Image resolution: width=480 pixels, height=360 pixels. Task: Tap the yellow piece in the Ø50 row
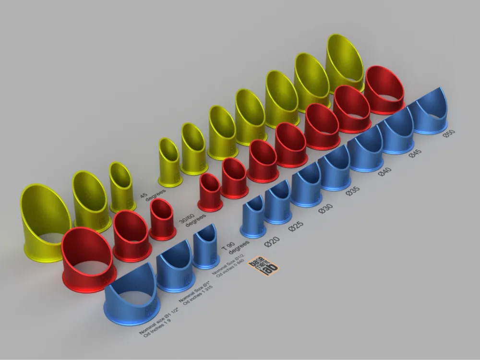click(345, 62)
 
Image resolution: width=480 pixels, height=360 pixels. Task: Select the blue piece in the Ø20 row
click(253, 218)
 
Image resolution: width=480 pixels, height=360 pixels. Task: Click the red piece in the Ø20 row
click(210, 192)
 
